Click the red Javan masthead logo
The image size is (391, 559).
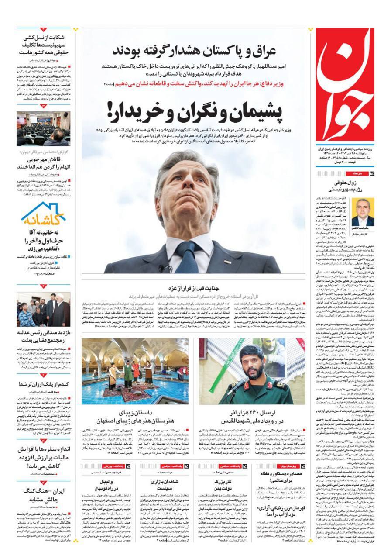coord(344,85)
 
